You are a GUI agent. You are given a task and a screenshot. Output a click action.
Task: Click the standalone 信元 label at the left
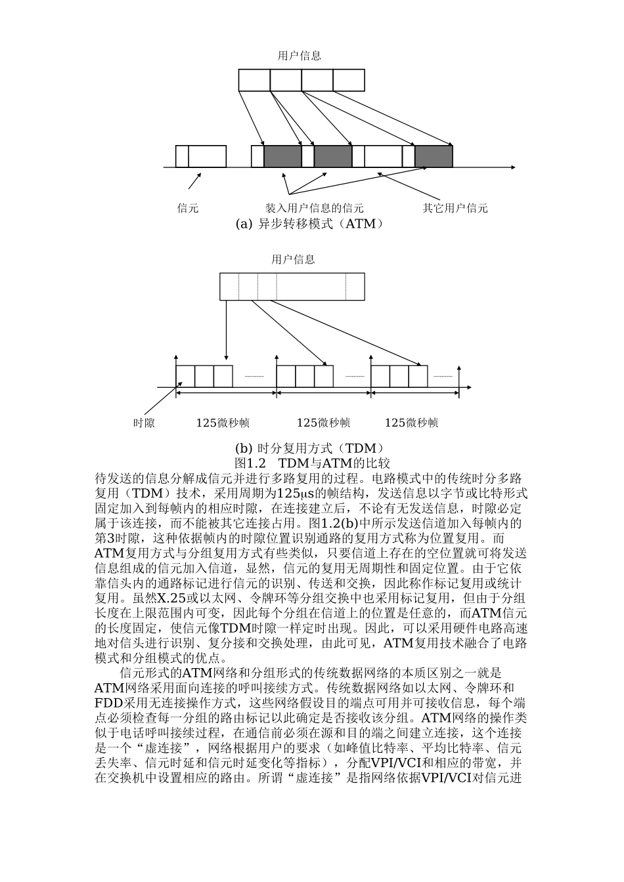tap(188, 208)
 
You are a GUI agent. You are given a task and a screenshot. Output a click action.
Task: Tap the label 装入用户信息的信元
tap(314, 208)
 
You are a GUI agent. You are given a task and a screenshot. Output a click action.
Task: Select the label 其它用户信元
tap(455, 208)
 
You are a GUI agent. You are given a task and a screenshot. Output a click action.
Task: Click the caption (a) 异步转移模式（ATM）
tap(309, 224)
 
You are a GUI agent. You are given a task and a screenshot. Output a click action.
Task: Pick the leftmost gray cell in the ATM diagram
tap(282, 156)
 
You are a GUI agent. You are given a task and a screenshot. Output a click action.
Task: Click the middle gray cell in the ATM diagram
tap(333, 156)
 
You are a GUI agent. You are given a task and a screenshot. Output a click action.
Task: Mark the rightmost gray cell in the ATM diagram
tap(434, 156)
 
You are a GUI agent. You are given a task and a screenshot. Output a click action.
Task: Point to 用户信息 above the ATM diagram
tap(300, 56)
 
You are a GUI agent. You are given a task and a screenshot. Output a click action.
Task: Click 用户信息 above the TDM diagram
tap(293, 259)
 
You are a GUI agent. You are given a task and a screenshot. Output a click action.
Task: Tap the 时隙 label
tap(144, 423)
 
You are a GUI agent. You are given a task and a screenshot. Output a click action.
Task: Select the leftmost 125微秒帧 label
tap(223, 423)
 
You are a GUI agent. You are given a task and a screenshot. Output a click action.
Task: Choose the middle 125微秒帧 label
tap(323, 423)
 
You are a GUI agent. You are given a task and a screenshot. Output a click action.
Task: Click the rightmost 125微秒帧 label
tap(411, 423)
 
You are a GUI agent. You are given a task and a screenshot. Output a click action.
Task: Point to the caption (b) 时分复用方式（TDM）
tap(309, 448)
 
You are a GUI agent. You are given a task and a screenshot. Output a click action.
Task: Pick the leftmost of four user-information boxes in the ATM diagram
tap(254, 80)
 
